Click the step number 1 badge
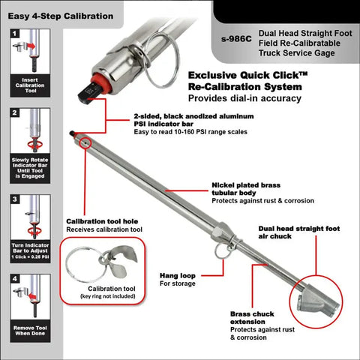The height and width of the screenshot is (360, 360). tap(14, 33)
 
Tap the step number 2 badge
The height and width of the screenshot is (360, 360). tap(14, 112)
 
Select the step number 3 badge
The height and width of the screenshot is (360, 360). tap(15, 199)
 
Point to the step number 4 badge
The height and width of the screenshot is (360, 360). tap(15, 278)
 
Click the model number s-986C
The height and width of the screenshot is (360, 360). tap(236, 39)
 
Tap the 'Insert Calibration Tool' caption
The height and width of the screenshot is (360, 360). tap(30, 85)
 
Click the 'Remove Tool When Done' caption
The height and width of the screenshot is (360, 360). tap(30, 331)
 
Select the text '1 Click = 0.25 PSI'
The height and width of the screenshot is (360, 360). tap(30, 256)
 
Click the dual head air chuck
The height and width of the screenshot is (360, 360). tap(317, 301)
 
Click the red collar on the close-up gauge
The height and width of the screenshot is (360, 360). tap(100, 83)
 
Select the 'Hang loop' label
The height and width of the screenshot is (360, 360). tap(178, 276)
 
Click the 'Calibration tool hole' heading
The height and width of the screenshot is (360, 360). tap(102, 221)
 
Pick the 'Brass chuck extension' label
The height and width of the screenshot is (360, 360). tap(252, 318)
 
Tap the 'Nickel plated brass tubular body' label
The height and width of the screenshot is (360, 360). tap(246, 189)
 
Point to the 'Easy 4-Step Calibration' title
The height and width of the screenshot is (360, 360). tap(61, 16)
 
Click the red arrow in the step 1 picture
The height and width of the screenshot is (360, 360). tap(31, 46)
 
